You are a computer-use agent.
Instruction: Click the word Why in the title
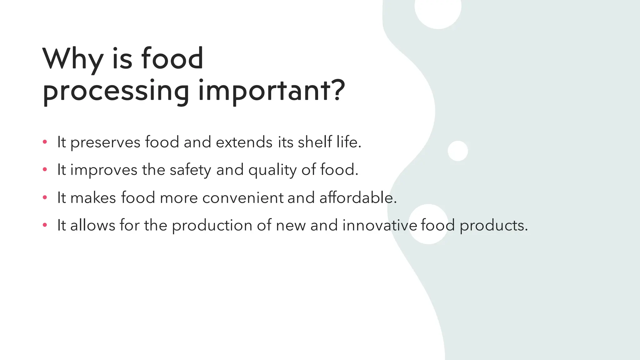pos(73,59)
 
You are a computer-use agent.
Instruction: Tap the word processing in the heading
pos(116,91)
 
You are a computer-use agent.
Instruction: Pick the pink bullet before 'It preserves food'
pos(45,142)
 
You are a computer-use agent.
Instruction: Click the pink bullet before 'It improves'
pos(45,170)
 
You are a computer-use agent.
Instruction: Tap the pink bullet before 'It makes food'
pos(45,197)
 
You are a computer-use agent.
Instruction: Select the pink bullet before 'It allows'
pos(45,225)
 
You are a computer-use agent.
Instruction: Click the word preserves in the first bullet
pos(105,143)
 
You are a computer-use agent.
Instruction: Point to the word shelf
pos(315,142)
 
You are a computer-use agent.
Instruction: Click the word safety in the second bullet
pos(190,170)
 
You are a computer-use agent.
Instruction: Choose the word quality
pos(272,170)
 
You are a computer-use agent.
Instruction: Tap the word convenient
pos(243,198)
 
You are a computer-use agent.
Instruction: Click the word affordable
pos(357,198)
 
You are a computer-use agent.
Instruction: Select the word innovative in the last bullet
pos(380,225)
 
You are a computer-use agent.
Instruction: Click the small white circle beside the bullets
pos(457,151)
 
